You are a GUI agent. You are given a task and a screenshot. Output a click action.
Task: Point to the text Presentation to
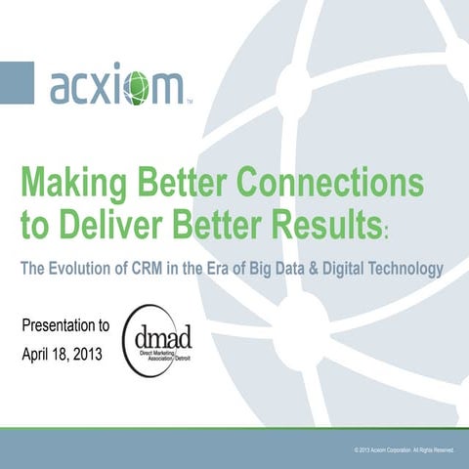(x=64, y=324)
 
